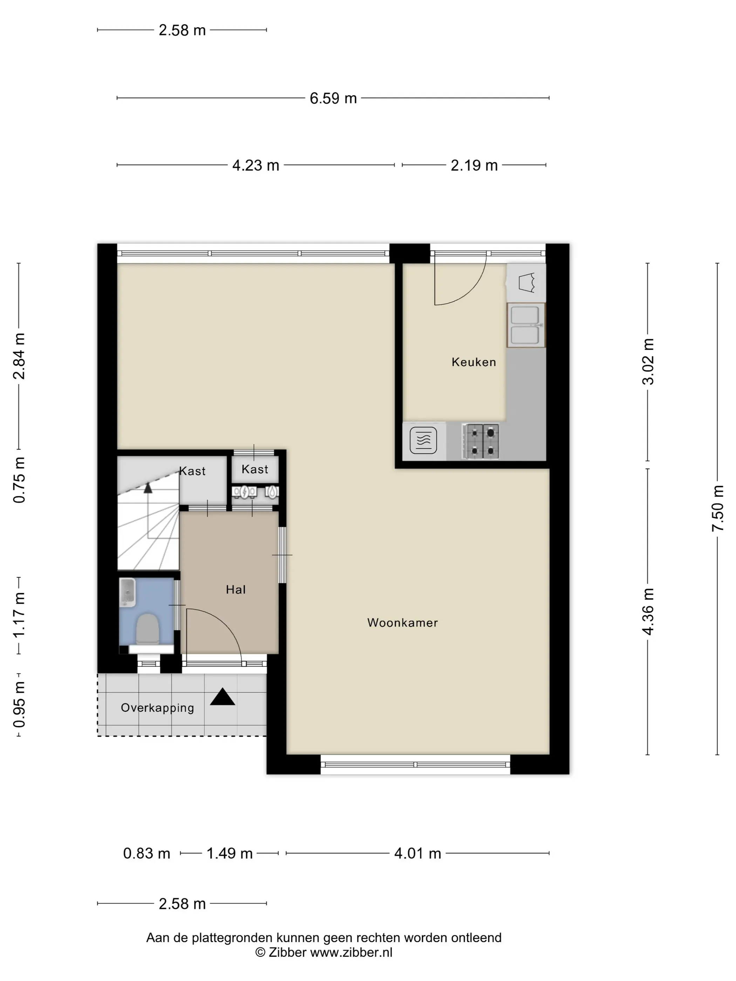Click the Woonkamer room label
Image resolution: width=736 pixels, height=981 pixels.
pos(402,623)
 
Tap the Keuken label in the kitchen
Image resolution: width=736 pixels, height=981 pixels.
pos(474,362)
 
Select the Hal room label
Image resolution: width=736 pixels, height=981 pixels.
pos(236,589)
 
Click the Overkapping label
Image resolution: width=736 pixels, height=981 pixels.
pos(157,708)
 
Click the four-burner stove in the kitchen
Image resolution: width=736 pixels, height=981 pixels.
pos(482,441)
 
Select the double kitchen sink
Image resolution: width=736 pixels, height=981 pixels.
pos(526,325)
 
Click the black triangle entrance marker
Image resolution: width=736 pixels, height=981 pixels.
pos(222,697)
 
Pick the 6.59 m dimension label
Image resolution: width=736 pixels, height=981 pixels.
pos(333,98)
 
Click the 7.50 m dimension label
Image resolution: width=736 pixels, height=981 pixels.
pos(718,508)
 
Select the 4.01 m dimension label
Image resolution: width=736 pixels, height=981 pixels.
pos(417,853)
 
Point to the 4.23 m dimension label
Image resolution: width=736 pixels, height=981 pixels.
pos(255,165)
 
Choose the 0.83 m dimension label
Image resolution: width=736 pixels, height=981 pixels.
pos(146,853)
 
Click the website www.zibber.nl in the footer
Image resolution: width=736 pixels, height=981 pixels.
pos(351,952)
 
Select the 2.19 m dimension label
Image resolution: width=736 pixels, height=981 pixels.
pos(474,165)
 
